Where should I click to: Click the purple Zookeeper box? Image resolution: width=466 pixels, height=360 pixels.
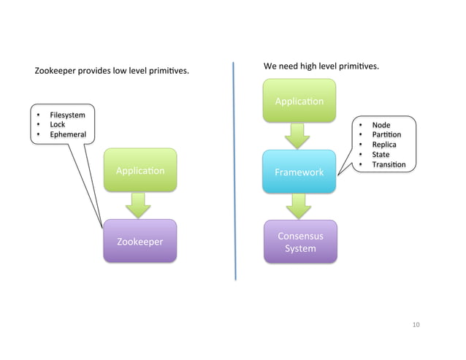pos(140,241)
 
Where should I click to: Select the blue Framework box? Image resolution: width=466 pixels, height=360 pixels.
pos(299,172)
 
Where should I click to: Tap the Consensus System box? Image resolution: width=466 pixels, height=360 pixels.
pos(300,242)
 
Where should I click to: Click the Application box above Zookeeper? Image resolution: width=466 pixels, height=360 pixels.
pos(140,171)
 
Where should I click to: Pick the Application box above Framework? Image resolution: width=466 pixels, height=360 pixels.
pos(299,101)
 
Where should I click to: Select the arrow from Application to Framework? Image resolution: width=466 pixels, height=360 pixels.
pos(298,135)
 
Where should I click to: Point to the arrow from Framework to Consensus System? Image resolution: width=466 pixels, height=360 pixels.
pos(299,206)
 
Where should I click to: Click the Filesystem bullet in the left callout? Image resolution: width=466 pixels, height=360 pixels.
pos(67,115)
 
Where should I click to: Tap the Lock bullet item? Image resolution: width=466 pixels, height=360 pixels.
pos(57,125)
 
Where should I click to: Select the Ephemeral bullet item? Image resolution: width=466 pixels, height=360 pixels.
pos(67,135)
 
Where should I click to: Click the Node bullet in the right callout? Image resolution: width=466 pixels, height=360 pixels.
pos(381,125)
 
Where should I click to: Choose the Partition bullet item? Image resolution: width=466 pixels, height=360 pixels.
pos(386,135)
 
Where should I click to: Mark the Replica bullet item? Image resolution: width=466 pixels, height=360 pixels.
pos(383,145)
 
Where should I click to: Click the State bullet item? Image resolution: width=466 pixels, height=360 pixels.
pos(381,155)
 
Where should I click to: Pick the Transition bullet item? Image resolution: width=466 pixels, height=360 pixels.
pos(388,165)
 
